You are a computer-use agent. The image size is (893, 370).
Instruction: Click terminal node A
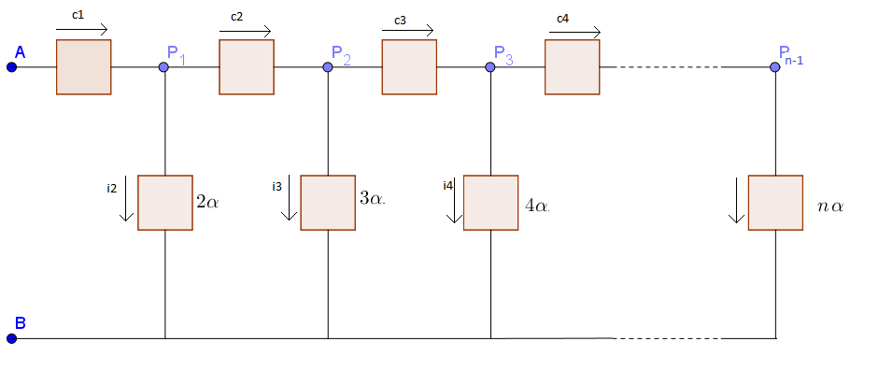(11, 67)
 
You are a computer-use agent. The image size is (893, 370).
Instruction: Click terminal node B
(11, 338)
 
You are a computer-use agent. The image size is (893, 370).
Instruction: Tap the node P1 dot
(164, 67)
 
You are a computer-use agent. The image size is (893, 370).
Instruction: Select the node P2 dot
(328, 67)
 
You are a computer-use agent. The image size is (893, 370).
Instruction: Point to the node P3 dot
(490, 67)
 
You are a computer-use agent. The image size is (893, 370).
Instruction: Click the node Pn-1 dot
(774, 67)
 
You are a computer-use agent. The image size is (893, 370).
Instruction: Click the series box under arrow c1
(83, 67)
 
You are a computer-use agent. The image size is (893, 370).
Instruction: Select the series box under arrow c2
(247, 67)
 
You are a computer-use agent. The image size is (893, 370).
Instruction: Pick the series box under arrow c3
(409, 67)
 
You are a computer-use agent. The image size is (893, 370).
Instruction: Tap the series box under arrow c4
(572, 67)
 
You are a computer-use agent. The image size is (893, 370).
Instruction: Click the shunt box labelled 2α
(164, 203)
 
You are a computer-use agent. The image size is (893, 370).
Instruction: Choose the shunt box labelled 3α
(328, 203)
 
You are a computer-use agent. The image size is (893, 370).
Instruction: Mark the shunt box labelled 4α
(490, 203)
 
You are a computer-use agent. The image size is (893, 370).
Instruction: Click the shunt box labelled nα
(775, 203)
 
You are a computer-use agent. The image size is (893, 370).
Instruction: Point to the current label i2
(111, 188)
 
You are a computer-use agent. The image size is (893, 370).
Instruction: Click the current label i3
(276, 187)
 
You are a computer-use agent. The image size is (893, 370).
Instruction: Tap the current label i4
(448, 185)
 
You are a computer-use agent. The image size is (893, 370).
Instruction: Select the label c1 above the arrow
(78, 16)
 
